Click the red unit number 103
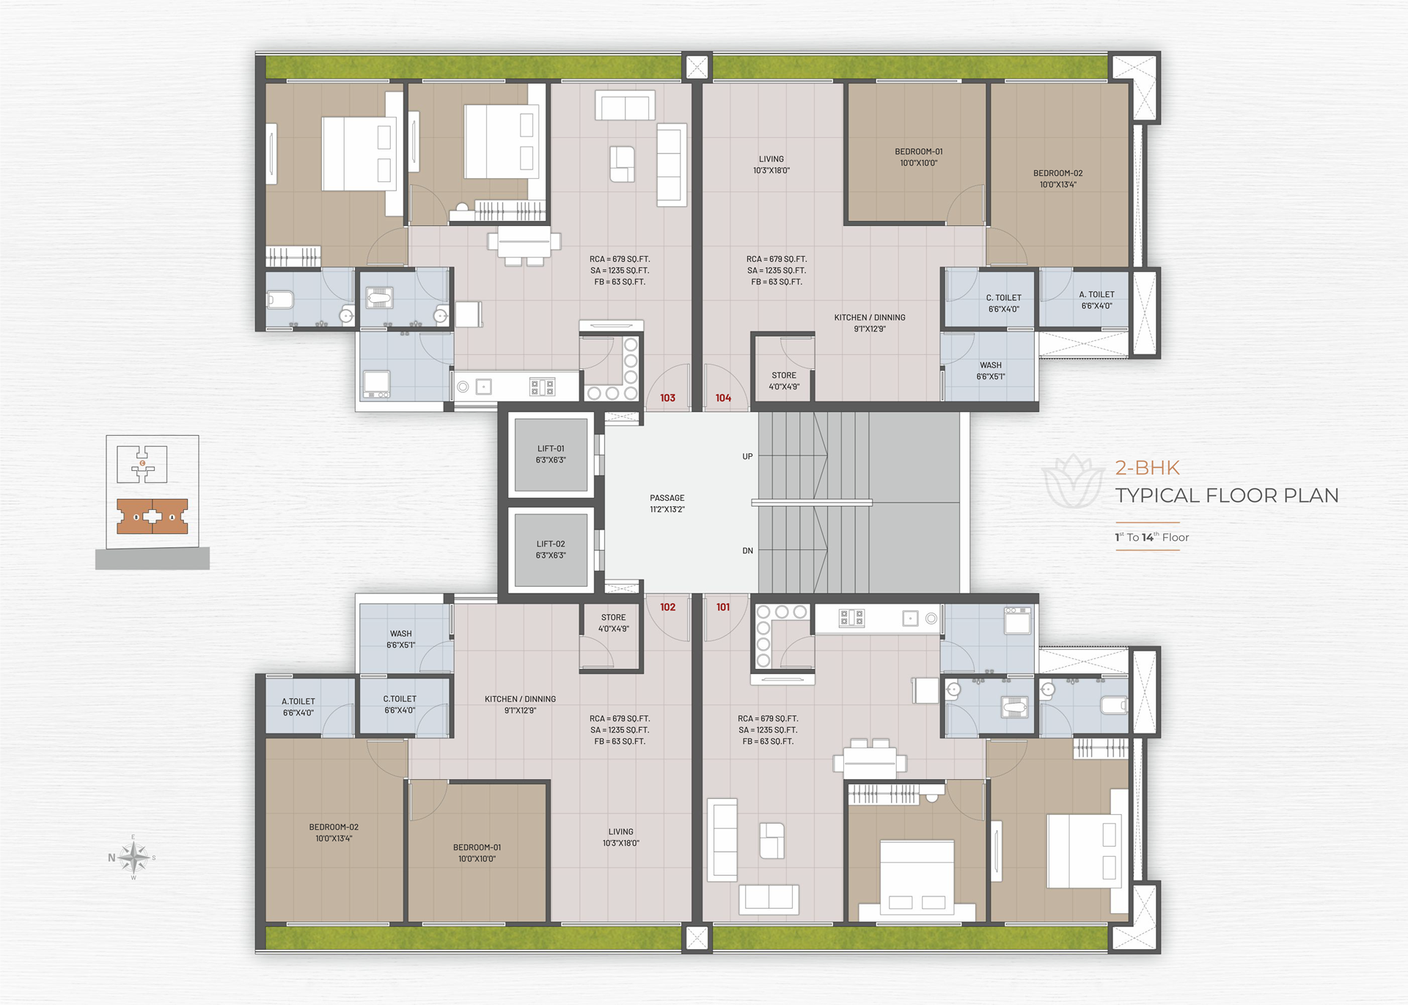667,398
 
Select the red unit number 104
723,398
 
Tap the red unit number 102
667,607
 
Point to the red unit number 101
723,607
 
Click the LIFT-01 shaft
551,455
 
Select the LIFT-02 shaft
551,550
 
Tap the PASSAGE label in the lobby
667,498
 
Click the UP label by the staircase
747,456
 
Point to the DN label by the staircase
747,551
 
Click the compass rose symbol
133,857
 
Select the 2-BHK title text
1147,468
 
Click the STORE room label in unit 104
784,376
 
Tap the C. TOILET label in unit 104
1003,298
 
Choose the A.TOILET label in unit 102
298,702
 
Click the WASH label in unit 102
401,634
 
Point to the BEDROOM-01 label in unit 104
919,152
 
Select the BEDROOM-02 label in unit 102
334,827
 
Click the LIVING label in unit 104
771,159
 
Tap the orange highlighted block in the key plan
153,516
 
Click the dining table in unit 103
524,242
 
